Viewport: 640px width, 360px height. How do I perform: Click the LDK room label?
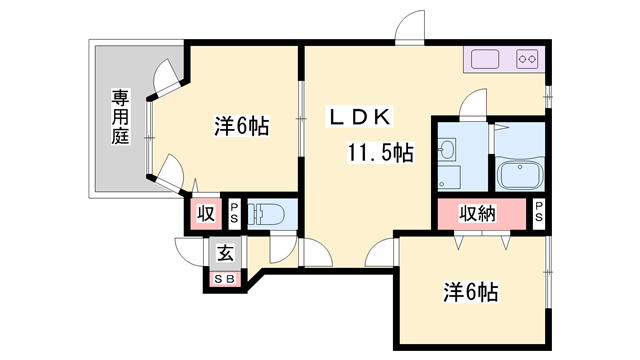coord(360,117)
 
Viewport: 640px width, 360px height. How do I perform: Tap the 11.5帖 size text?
coord(380,153)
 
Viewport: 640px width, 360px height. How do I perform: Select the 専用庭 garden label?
coord(120,117)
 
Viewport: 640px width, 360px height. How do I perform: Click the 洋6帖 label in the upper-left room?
coord(242,126)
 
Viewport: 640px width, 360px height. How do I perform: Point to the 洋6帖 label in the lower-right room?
coord(471,292)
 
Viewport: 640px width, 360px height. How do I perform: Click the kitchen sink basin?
coord(485,60)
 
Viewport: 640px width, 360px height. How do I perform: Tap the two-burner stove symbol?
coord(527,60)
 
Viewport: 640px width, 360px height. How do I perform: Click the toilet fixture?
coord(264,213)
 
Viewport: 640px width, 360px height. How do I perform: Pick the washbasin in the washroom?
coord(447,148)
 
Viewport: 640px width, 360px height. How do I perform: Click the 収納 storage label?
coord(478,213)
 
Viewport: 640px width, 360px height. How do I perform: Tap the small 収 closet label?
coord(206,213)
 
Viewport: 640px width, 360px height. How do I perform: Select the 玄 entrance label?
coord(225,254)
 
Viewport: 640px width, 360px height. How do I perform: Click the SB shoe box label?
coord(225,279)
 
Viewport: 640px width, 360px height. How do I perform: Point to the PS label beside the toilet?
coord(234,213)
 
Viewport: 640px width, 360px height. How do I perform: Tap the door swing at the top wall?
coord(410,27)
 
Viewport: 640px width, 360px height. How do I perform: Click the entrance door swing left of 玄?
coord(189,252)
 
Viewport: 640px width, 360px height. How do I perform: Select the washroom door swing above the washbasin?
coord(473,104)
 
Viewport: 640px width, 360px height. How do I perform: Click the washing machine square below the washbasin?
coord(449,177)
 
